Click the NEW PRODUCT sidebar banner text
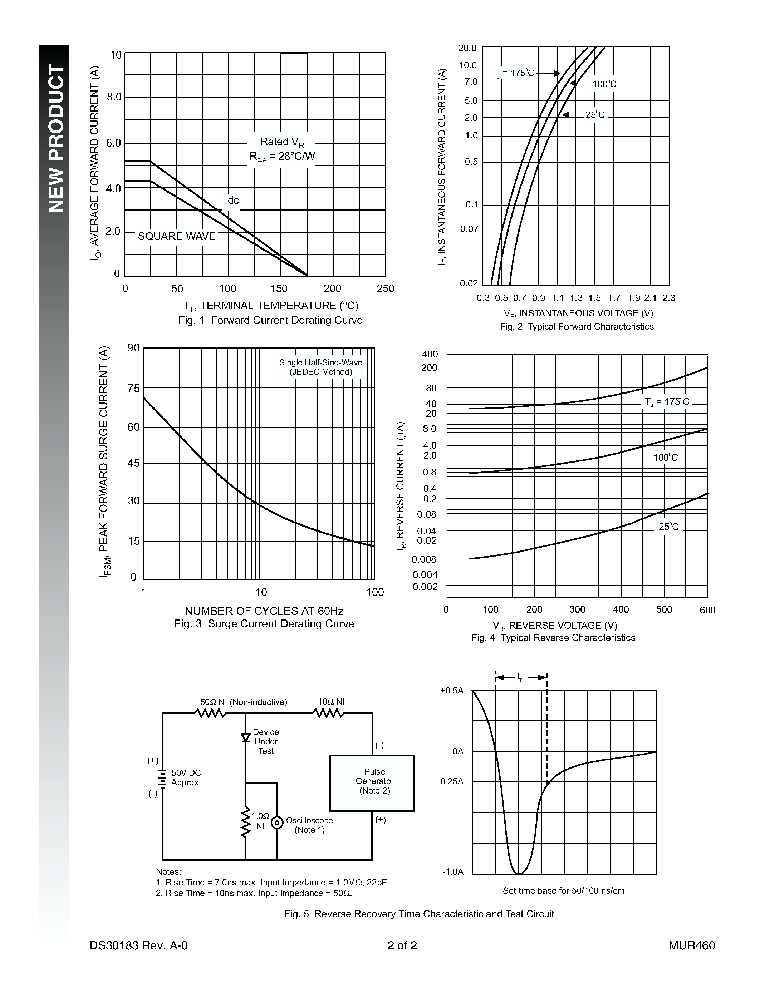(56, 138)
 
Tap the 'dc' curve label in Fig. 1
(233, 200)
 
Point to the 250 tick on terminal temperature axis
(386, 288)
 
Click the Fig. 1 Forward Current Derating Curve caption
(270, 321)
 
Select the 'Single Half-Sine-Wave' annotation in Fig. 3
(320, 362)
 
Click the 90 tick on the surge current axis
(134, 347)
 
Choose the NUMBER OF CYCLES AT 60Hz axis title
(264, 611)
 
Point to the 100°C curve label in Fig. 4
(666, 457)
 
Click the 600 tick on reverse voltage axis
(707, 610)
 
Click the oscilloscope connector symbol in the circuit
(277, 822)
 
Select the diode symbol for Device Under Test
(245, 738)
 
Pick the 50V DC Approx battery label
(186, 777)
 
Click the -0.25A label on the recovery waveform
(450, 781)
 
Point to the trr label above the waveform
(521, 677)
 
